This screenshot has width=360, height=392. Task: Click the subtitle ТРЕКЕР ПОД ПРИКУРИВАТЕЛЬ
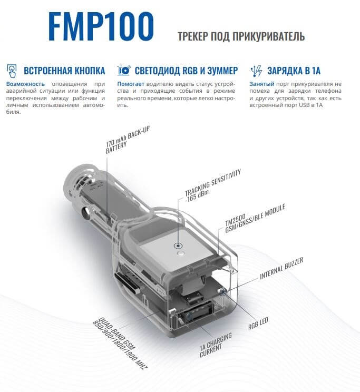[x=242, y=36]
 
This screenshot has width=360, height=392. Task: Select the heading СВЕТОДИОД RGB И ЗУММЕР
[x=186, y=70]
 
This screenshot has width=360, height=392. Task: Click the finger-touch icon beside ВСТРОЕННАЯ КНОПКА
[x=12, y=70]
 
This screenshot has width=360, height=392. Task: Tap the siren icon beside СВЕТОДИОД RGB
[x=124, y=70]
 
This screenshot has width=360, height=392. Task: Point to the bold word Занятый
[x=261, y=84]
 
